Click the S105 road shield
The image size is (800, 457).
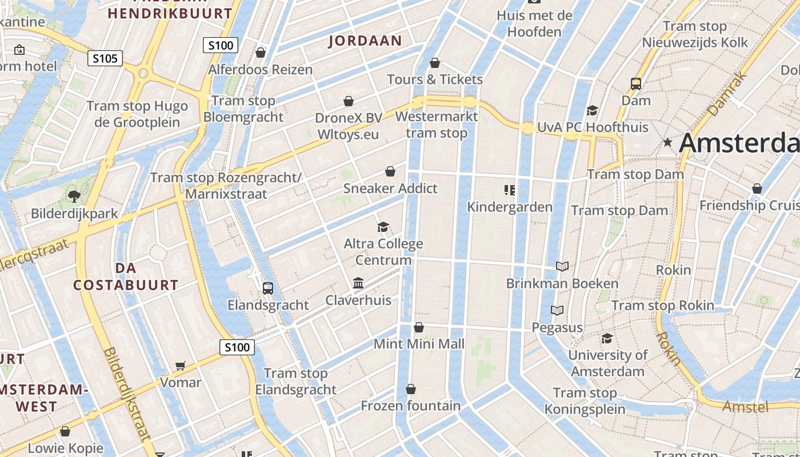(105, 58)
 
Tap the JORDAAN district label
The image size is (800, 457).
(365, 41)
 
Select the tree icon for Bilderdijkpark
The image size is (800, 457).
(74, 197)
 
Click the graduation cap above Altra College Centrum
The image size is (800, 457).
(383, 227)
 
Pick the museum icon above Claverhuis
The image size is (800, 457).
(358, 283)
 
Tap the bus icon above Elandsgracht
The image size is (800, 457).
(267, 288)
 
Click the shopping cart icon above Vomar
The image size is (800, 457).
(181, 366)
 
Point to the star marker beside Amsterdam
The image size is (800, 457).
(667, 143)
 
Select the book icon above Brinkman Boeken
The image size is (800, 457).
(562, 266)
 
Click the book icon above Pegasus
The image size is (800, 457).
(557, 310)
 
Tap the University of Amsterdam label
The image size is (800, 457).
(607, 363)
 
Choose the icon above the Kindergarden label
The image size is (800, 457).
(510, 190)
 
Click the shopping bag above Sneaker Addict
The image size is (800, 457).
(390, 171)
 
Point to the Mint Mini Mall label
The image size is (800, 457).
(419, 344)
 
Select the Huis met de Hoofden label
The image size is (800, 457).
(534, 23)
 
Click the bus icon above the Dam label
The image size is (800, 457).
(636, 83)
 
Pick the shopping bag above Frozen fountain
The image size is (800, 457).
(410, 389)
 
